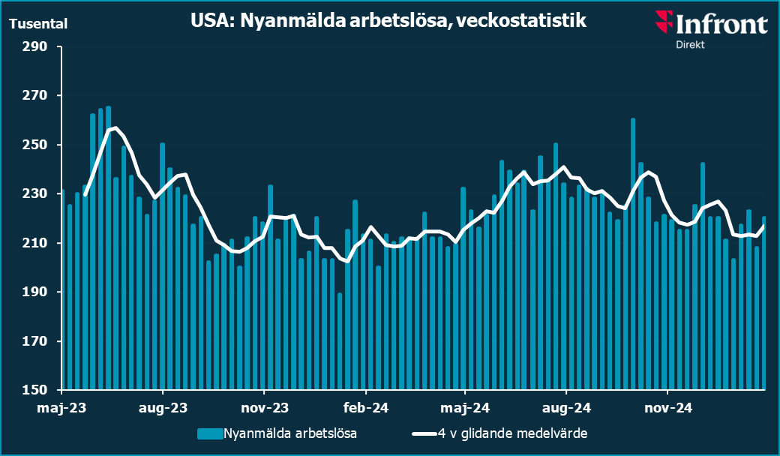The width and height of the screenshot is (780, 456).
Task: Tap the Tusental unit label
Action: (38, 23)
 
